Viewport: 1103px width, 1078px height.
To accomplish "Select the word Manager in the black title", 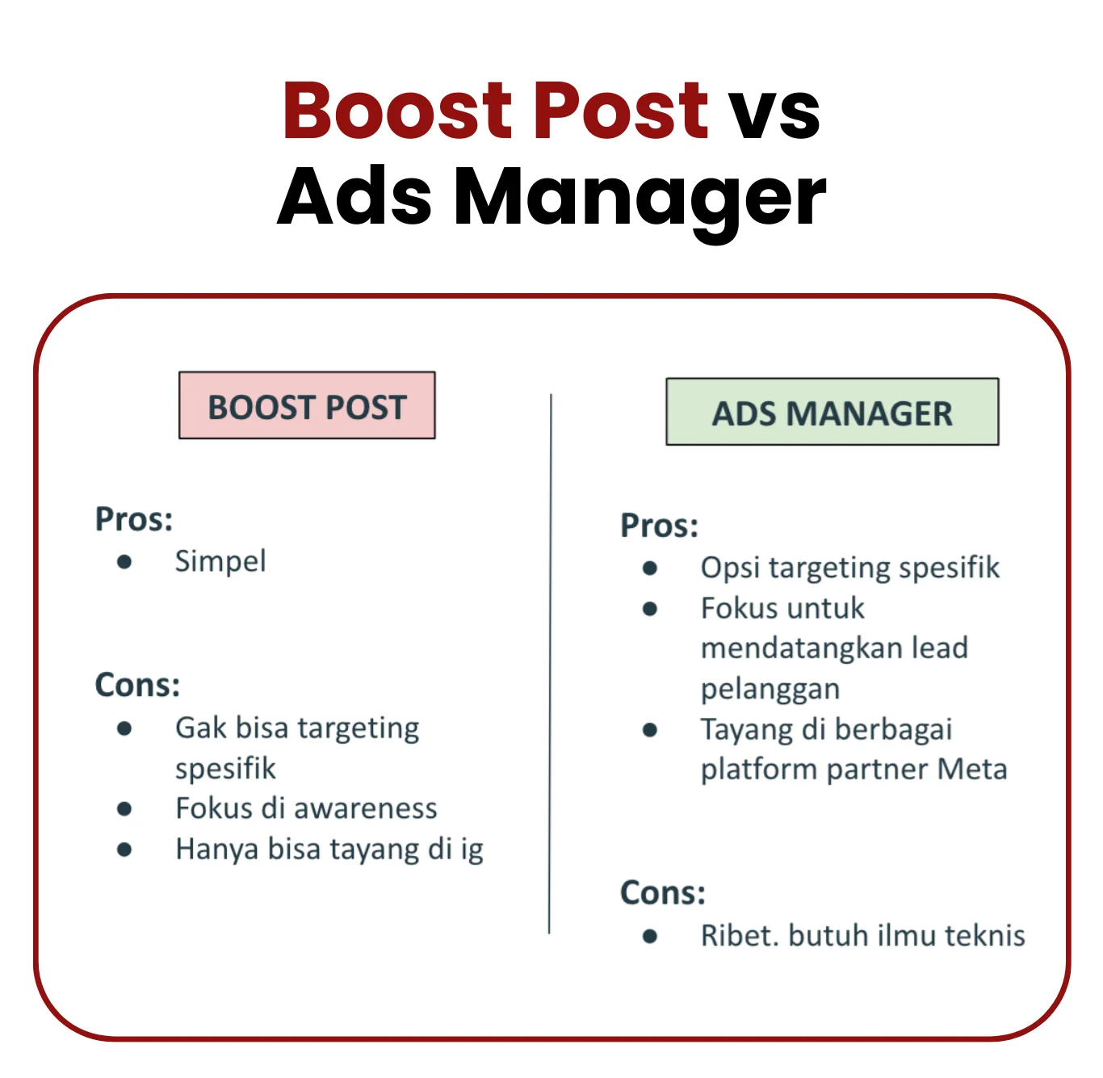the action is point(640,203).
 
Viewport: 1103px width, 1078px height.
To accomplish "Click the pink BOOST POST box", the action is point(307,406).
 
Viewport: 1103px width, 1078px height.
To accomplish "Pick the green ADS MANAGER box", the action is point(832,412).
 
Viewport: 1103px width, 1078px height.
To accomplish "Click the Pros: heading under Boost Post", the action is point(134,519).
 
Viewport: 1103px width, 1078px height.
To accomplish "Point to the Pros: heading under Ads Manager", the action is point(659,526).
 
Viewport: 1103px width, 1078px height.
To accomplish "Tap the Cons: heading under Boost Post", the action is point(137,686).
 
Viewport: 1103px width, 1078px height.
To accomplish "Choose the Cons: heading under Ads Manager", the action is point(663,893).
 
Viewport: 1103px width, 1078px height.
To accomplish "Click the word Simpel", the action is point(220,562).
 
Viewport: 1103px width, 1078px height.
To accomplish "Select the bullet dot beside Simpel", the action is point(124,562).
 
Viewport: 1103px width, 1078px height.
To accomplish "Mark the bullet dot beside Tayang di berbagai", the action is point(649,730).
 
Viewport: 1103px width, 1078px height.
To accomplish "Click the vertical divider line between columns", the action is point(550,663).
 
